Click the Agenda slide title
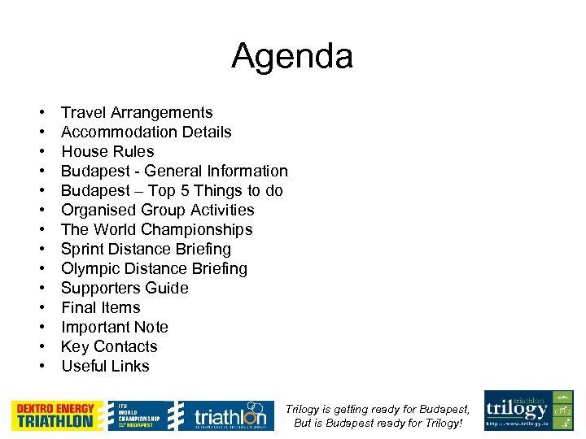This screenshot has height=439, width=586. pos(292,57)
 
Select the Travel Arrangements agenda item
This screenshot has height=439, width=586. pos(137,113)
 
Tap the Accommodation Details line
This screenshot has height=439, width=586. pos(146,133)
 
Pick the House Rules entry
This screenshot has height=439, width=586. pos(107,152)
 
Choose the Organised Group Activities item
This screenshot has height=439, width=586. pos(158,211)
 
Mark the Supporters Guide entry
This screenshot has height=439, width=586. pos(125,289)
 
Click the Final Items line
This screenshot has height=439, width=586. pos(101,308)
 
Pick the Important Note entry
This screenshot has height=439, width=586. pos(115,328)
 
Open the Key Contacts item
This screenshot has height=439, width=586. pos(109,347)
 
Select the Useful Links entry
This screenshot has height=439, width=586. pos(106,367)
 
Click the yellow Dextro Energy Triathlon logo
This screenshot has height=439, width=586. pos(57,415)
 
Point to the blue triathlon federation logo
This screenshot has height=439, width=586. pos(222,415)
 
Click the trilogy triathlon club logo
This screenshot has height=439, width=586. pos(528,411)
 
